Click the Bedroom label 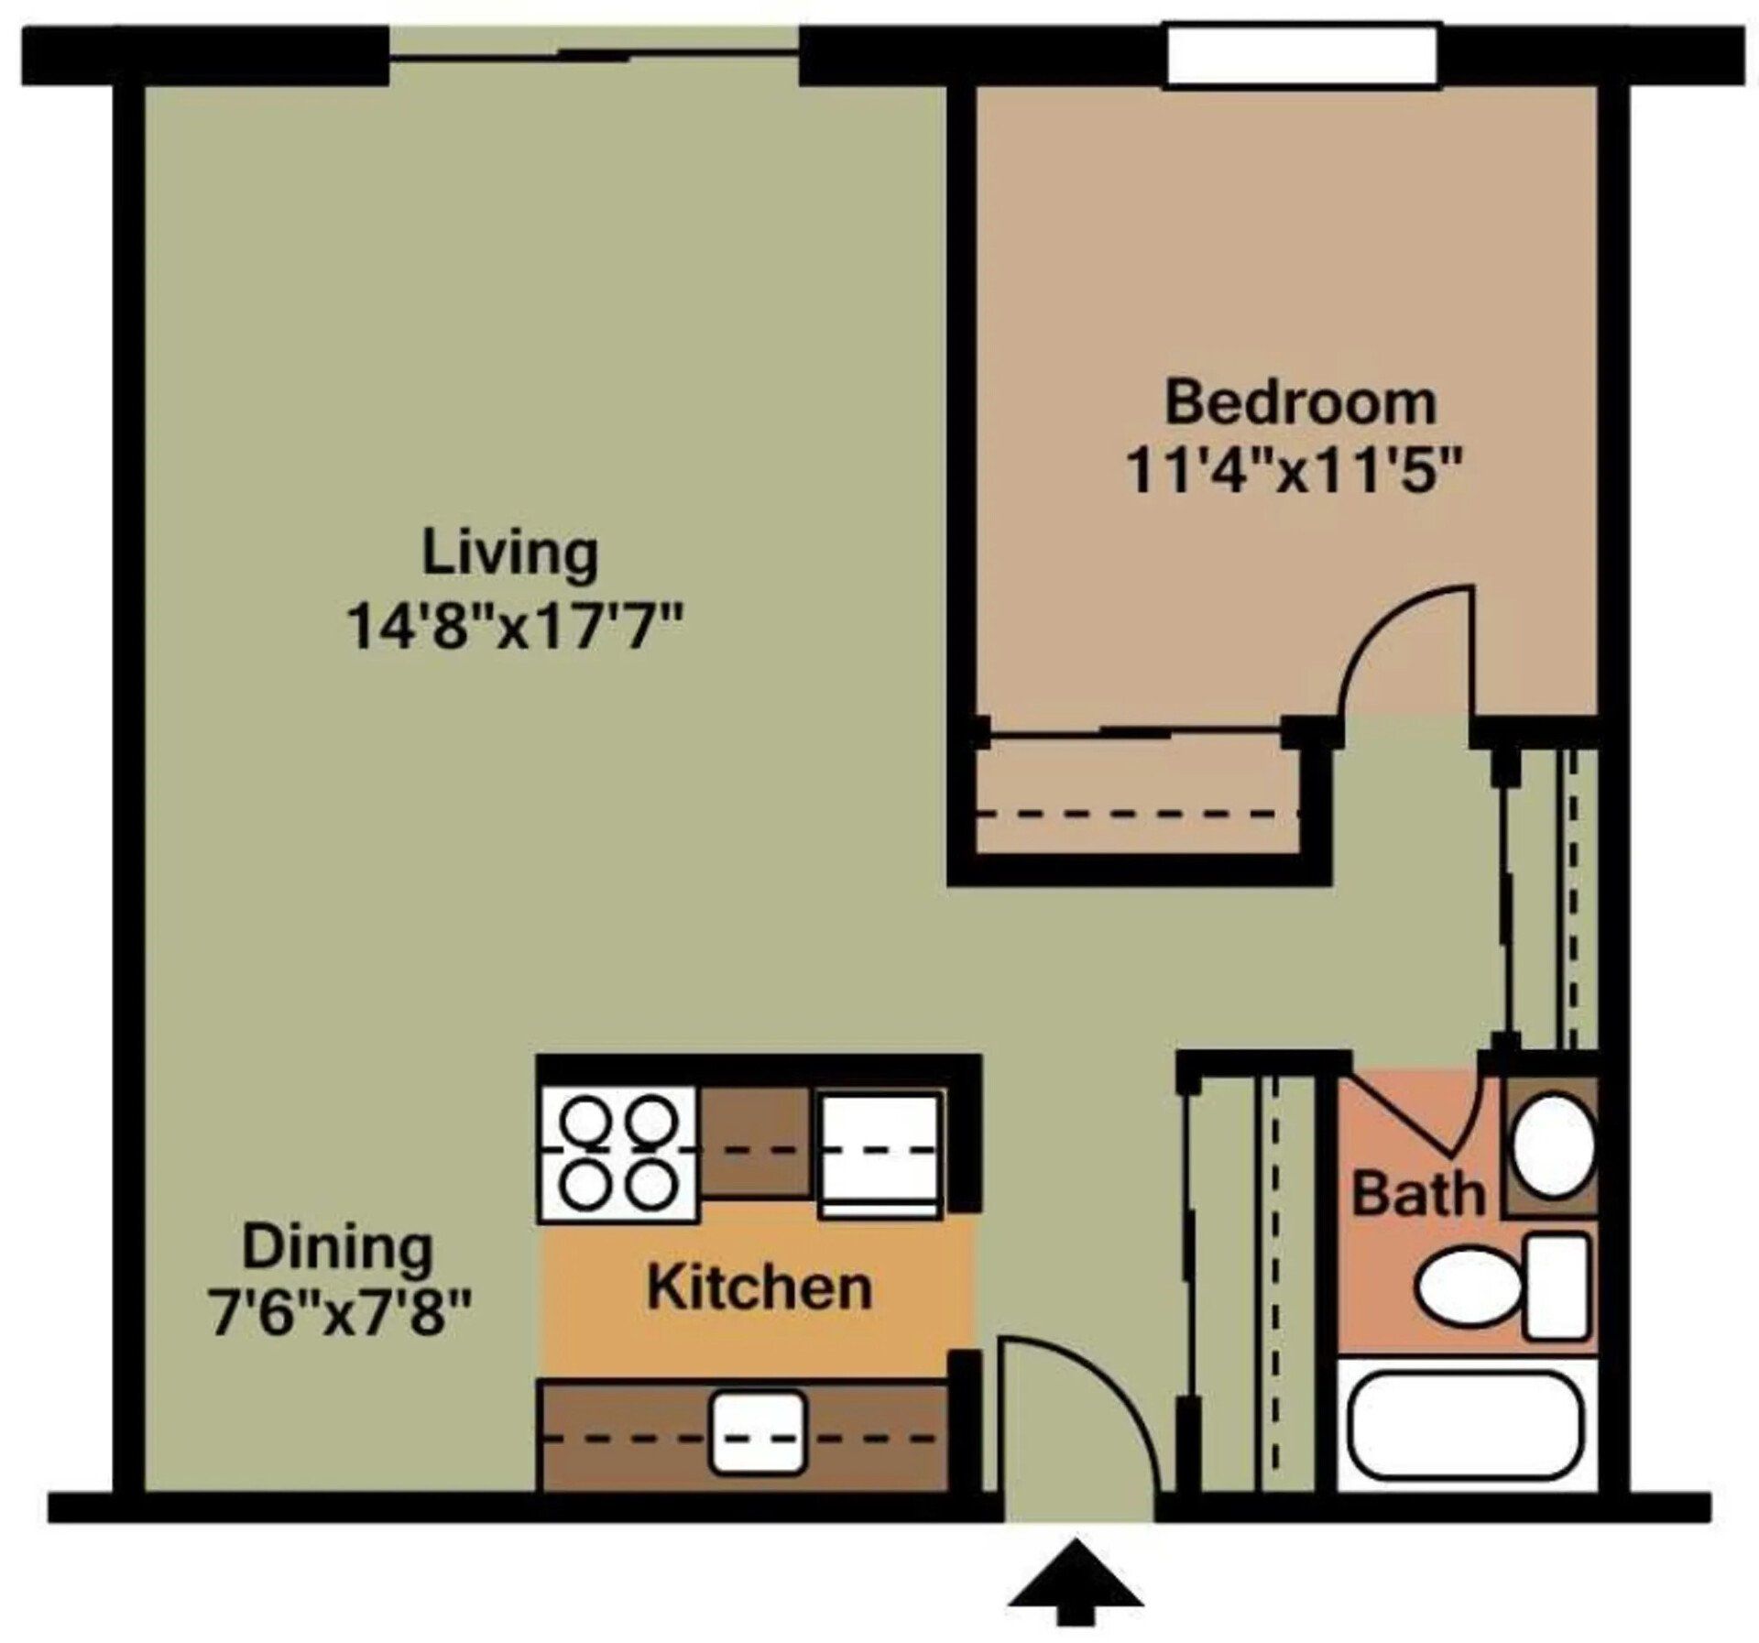tap(1299, 404)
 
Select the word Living tap(509, 554)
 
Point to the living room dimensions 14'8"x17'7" tap(515, 629)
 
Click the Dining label tap(337, 1248)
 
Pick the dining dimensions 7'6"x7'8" tap(341, 1314)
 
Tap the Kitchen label tap(759, 1287)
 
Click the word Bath tap(1417, 1194)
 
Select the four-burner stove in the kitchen tap(617, 1153)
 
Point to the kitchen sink tap(759, 1433)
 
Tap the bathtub tap(1466, 1439)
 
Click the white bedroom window tap(1301, 57)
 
